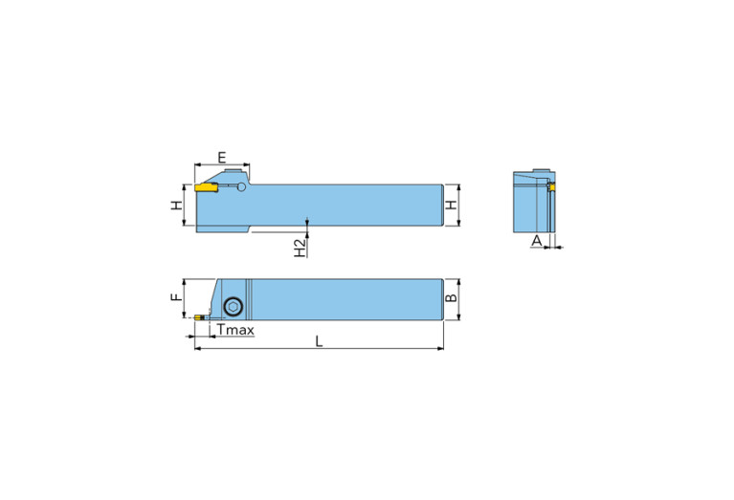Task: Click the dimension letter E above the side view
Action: [x=221, y=156]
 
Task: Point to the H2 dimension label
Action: [x=300, y=248]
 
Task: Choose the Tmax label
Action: [x=234, y=330]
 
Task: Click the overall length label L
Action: [x=319, y=341]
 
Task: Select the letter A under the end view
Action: [x=537, y=239]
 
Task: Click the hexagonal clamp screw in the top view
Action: [x=233, y=307]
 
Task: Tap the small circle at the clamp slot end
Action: [x=241, y=187]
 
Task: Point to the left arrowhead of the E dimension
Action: [x=196, y=165]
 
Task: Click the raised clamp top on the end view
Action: [x=532, y=176]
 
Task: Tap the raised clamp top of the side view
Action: [x=230, y=173]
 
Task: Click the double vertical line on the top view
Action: [x=247, y=302]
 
